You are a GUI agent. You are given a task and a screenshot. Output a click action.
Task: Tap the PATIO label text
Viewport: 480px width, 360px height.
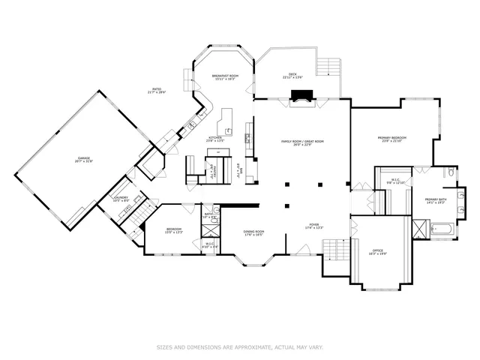tap(157, 91)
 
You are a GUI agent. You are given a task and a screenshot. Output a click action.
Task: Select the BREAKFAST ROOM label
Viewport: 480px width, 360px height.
tap(225, 76)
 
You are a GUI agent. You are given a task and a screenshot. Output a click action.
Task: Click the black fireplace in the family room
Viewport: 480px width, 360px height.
tap(302, 95)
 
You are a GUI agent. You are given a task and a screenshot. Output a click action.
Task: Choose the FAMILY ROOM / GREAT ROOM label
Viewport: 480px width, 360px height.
tap(302, 142)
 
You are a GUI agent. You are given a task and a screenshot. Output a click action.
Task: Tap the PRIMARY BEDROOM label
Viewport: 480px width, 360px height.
tap(392, 139)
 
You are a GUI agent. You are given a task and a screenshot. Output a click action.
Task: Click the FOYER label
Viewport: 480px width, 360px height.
tap(313, 226)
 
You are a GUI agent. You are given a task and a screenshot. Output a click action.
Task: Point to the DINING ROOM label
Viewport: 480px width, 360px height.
tap(253, 232)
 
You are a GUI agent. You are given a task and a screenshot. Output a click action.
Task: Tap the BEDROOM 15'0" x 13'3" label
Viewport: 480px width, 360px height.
tap(173, 230)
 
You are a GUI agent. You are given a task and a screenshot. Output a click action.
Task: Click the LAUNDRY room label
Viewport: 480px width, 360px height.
tap(121, 199)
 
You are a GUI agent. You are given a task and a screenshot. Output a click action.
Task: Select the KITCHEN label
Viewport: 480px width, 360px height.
tap(216, 138)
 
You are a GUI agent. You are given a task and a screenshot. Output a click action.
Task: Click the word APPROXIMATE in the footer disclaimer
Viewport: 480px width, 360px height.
tap(255, 347)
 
